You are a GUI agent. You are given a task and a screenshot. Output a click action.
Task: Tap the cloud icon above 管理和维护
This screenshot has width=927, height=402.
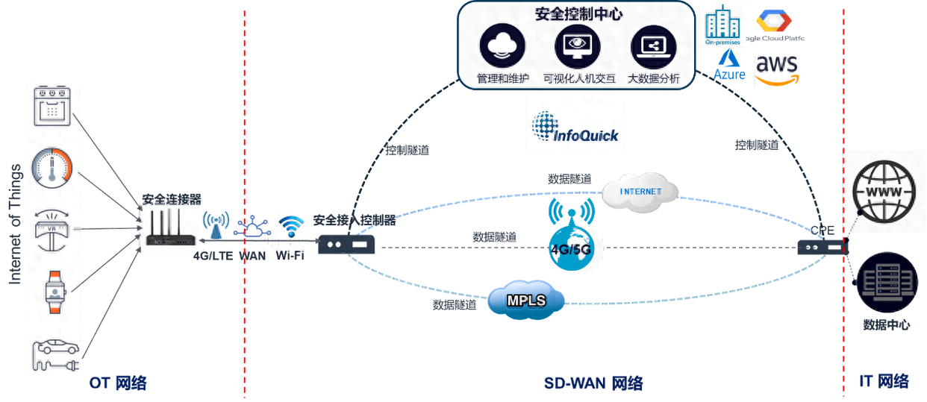pos(504,47)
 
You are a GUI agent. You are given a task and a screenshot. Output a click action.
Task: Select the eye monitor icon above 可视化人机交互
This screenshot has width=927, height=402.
pos(578,47)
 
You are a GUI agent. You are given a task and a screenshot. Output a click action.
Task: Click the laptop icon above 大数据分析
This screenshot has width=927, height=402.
pos(653,47)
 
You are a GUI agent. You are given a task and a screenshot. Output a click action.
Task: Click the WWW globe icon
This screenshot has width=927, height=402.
pos(885,192)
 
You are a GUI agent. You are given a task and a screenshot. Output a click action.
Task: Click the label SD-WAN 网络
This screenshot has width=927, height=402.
pos(593,383)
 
